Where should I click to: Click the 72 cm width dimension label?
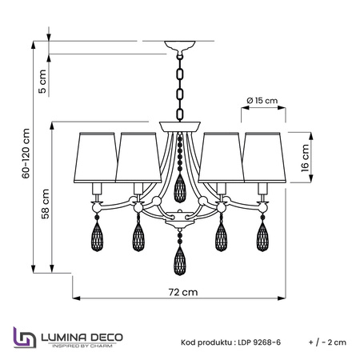[x=183, y=292]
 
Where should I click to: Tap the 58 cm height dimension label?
[x=46, y=204]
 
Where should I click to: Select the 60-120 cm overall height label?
[x=26, y=154]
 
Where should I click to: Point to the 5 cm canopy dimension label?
[x=42, y=82]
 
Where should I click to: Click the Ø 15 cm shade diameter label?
[x=262, y=101]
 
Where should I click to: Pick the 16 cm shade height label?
[x=305, y=158]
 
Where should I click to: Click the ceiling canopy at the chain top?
[x=180, y=46]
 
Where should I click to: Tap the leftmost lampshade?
[x=95, y=158]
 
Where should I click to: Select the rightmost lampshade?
[x=264, y=158]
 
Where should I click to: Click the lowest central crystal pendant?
[x=180, y=261]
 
